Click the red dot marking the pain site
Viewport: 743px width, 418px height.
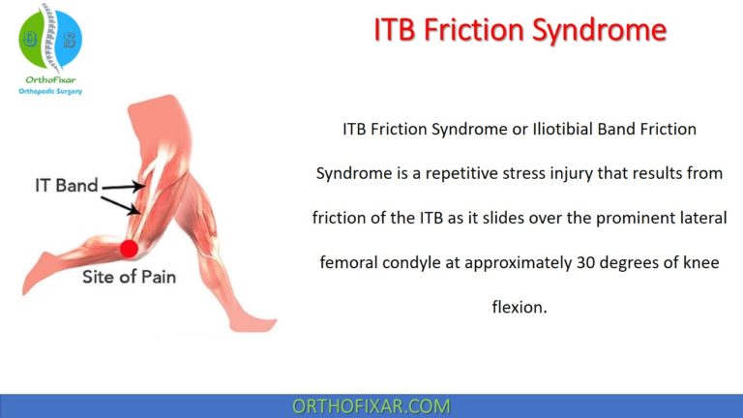(128, 249)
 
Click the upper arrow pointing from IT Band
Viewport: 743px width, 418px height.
(121, 186)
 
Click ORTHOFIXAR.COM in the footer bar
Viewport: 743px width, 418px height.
(371, 406)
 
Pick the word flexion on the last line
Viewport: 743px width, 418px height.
(519, 308)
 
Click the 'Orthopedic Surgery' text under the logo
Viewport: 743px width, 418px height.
(50, 91)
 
